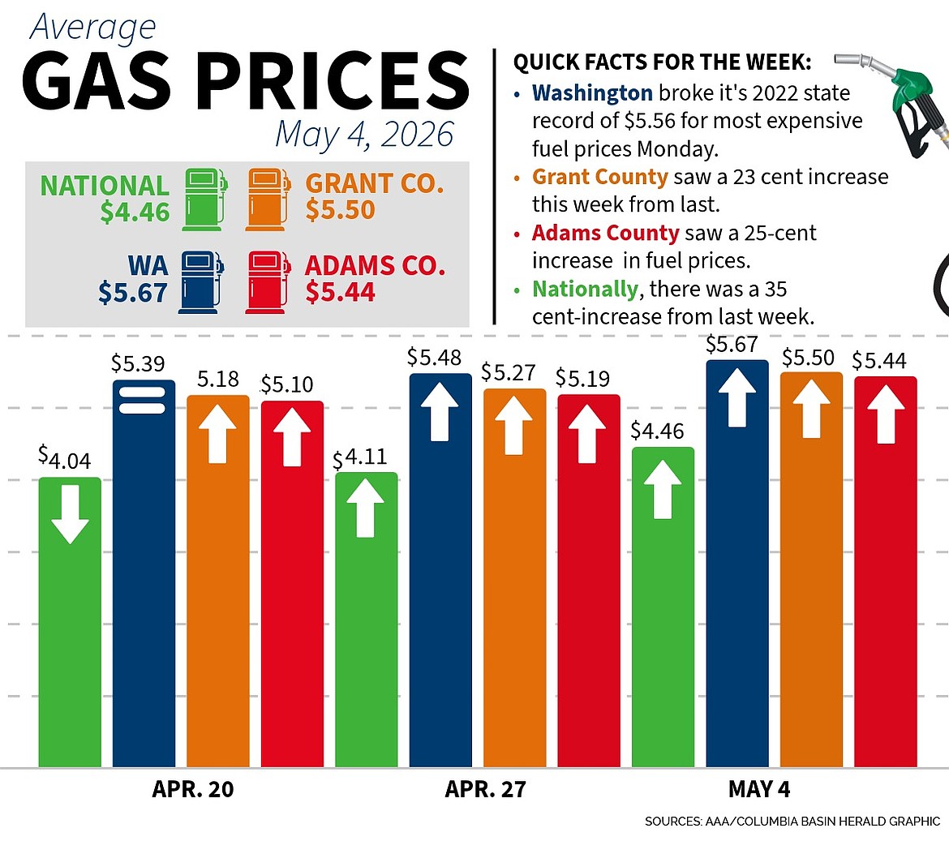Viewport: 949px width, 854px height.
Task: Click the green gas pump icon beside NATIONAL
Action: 204,200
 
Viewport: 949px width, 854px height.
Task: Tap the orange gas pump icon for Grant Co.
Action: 268,200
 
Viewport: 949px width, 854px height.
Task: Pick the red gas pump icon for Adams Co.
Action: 268,282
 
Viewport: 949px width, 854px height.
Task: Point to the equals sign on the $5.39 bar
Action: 142,400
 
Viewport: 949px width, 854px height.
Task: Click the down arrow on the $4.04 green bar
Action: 71,514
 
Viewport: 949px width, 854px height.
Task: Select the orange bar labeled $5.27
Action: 514,578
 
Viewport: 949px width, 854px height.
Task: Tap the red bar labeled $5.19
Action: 589,581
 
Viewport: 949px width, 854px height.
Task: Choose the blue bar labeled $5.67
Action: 737,564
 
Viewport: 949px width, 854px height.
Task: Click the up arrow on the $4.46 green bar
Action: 663,489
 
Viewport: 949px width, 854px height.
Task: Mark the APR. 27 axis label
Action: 485,789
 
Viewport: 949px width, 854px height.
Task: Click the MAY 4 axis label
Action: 759,789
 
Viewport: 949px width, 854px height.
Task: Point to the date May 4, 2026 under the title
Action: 364,135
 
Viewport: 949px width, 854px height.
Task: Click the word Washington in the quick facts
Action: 593,93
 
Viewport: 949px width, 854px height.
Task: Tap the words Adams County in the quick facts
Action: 606,233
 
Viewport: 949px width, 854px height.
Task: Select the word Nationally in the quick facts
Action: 585,290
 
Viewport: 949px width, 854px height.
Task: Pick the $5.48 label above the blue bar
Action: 434,358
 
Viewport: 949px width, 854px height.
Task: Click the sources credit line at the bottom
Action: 792,822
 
